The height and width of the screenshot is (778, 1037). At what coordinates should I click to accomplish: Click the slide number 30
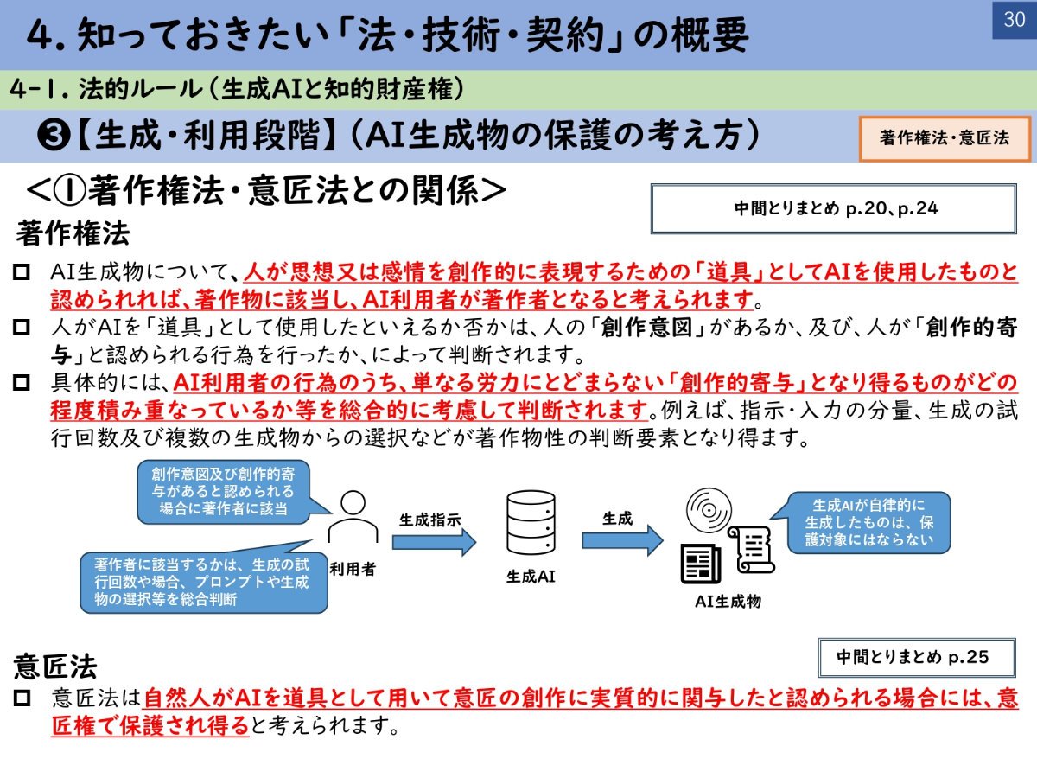pyautogui.click(x=1014, y=19)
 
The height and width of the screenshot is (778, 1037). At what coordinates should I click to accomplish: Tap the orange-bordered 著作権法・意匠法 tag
pyautogui.click(x=945, y=138)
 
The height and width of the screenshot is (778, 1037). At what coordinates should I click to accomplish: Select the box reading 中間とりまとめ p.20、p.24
pyautogui.click(x=834, y=209)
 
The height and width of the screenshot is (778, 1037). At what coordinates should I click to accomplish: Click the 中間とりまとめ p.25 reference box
pyautogui.click(x=917, y=658)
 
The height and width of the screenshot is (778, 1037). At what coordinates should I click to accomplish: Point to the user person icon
pyautogui.click(x=353, y=517)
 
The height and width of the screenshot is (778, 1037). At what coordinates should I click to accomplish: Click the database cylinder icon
pyautogui.click(x=531, y=522)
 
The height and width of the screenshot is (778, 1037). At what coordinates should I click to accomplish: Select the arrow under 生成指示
pyautogui.click(x=434, y=542)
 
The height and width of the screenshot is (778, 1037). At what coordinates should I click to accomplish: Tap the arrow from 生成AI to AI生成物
pyautogui.click(x=623, y=540)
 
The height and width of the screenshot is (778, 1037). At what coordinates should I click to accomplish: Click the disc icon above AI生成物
pyautogui.click(x=709, y=510)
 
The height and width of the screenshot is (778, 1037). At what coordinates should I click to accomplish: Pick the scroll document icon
pyautogui.click(x=751, y=550)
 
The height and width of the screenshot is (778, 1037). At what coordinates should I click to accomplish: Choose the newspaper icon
pyautogui.click(x=701, y=564)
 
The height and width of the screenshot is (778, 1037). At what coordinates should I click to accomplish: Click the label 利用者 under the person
pyautogui.click(x=353, y=569)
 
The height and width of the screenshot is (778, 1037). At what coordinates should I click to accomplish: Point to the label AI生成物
pyautogui.click(x=728, y=602)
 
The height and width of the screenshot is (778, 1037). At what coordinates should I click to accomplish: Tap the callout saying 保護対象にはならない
pyautogui.click(x=868, y=522)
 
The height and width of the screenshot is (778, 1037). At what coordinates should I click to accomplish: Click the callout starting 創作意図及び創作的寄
pyautogui.click(x=223, y=492)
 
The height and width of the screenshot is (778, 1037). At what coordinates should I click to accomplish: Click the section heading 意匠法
pyautogui.click(x=55, y=666)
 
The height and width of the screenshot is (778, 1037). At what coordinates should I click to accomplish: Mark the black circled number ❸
pyautogui.click(x=54, y=136)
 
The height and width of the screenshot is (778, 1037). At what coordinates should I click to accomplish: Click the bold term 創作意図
pyautogui.click(x=646, y=328)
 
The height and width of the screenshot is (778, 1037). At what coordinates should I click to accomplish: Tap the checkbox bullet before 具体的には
pyautogui.click(x=22, y=383)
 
